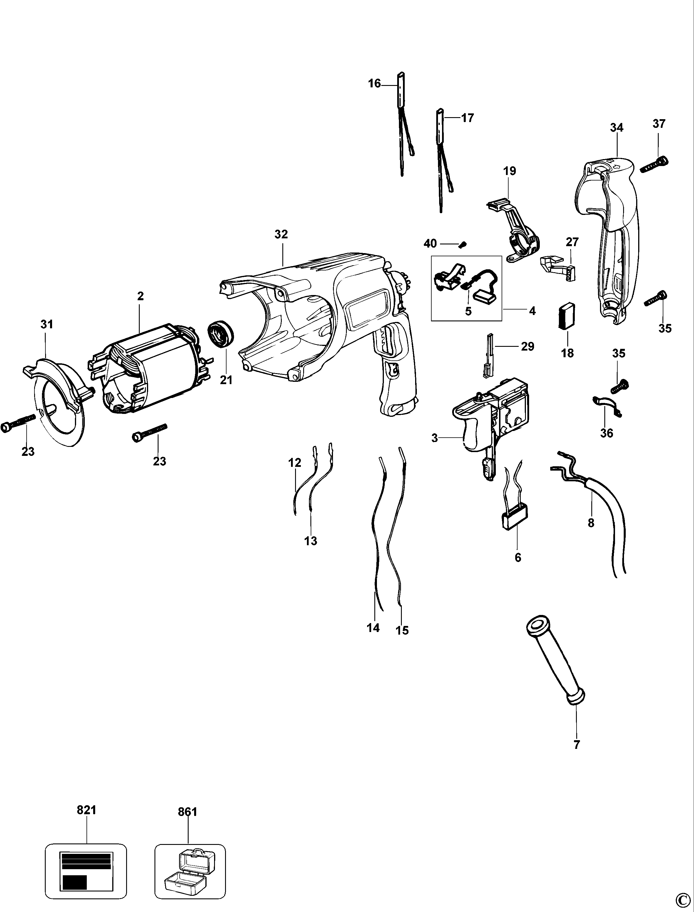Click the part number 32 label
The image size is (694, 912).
tap(281, 234)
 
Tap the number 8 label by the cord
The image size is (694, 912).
tap(591, 523)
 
